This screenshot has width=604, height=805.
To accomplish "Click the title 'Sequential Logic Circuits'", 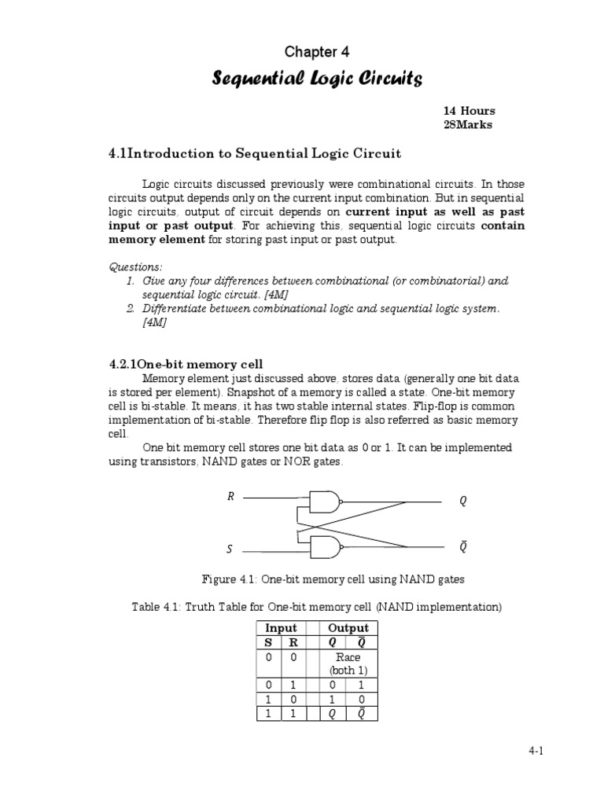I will click(x=318, y=79).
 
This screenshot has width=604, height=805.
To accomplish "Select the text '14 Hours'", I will click(x=470, y=111).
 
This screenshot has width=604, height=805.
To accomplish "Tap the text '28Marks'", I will click(x=468, y=125).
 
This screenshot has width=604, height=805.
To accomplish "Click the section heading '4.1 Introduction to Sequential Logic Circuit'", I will click(x=255, y=153).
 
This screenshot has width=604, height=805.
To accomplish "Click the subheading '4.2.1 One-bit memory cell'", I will click(x=185, y=364).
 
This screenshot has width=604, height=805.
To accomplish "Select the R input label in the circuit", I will click(x=230, y=497).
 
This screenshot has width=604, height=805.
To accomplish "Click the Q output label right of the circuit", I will click(x=463, y=501).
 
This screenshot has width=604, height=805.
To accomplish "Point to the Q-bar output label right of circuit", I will click(x=463, y=546).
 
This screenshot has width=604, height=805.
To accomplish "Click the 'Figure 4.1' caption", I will click(x=333, y=579).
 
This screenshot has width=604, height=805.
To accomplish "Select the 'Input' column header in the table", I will click(x=281, y=627).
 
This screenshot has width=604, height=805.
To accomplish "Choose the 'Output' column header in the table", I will click(x=348, y=627).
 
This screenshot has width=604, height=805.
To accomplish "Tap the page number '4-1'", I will click(x=536, y=752).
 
